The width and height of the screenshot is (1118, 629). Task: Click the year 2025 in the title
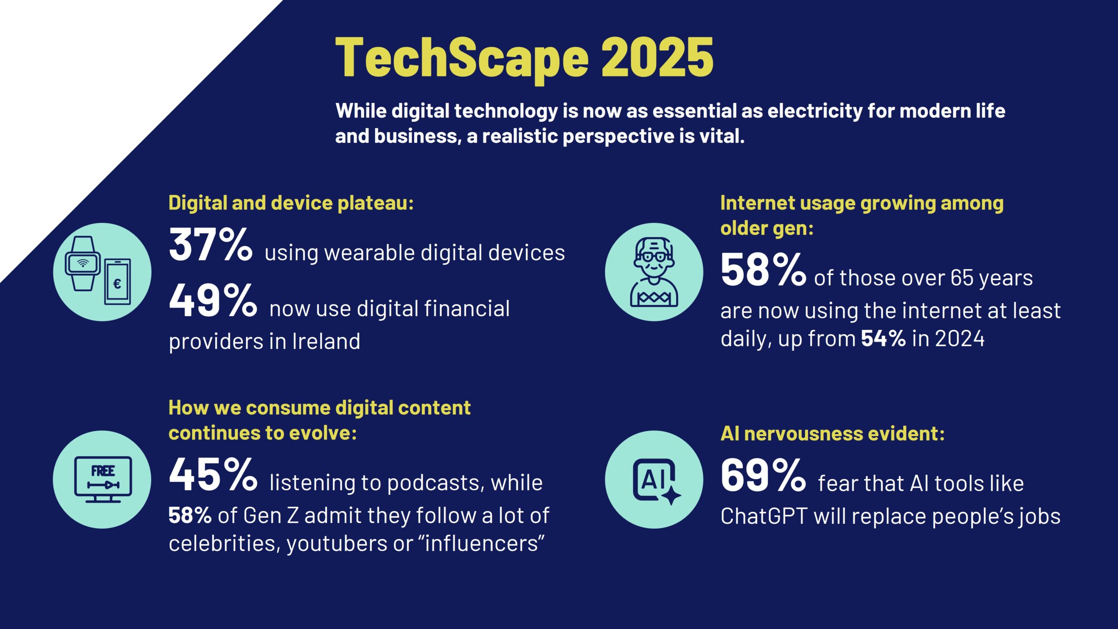pos(657,57)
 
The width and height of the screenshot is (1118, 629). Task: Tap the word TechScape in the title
pos(462,60)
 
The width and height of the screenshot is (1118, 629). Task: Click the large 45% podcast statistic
pos(213,474)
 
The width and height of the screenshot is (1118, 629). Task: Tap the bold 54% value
pos(883,339)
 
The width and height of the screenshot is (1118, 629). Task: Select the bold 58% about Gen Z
pos(190,515)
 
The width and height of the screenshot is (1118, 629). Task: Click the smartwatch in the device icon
pos(83,263)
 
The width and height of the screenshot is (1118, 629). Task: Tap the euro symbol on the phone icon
pos(117,284)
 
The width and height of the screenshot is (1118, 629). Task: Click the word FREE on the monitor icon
pos(103,471)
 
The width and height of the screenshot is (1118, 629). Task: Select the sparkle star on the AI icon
pos(671,495)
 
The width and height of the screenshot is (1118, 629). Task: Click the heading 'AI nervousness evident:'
pos(832,434)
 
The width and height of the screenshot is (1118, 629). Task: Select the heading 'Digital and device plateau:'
pos(291,203)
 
